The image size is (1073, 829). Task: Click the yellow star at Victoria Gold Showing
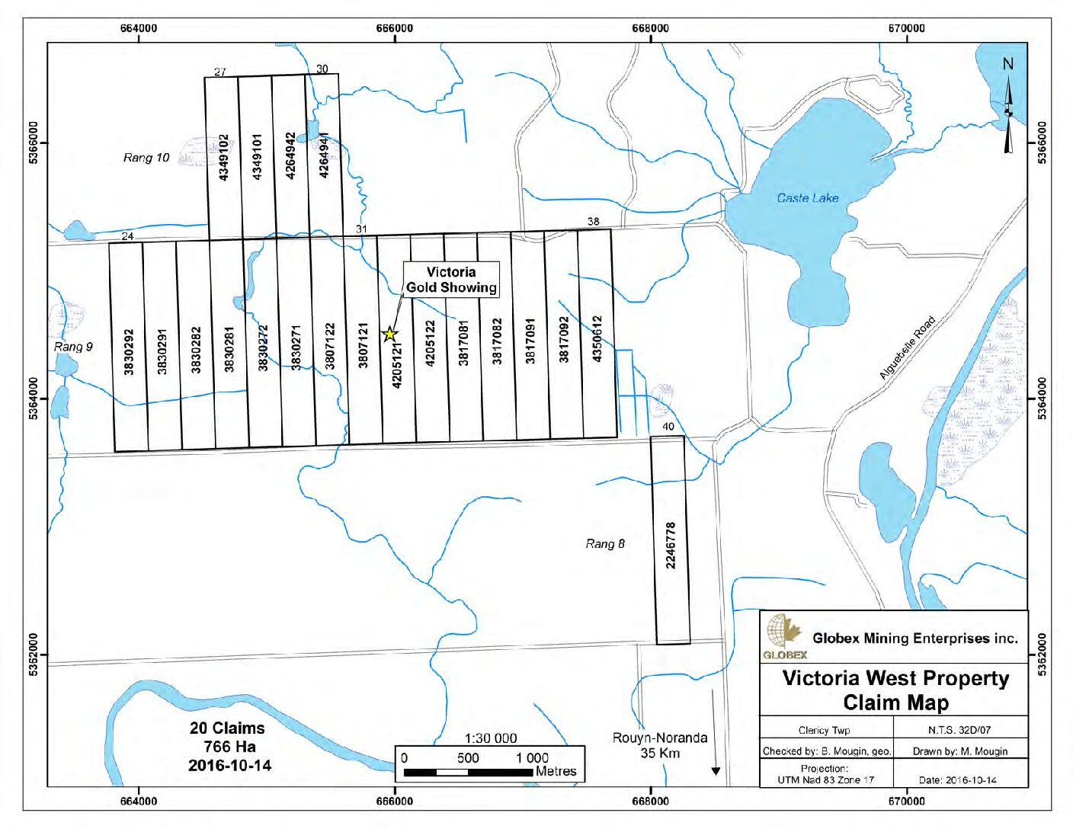coord(389,334)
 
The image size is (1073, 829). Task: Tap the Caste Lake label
coord(807,198)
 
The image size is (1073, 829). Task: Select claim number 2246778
coord(671,545)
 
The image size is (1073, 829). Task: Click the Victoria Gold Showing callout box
coord(451,280)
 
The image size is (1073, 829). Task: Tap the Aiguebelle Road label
coord(907,347)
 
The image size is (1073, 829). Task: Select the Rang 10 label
coord(146,158)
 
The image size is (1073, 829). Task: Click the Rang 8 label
coord(605,543)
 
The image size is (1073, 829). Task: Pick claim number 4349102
coord(223,157)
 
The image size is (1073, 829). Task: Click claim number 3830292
coord(129,351)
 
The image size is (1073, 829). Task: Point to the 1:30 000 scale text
coord(491,738)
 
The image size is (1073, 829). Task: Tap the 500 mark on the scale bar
coord(468,757)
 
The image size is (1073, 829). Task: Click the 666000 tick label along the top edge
coord(395,28)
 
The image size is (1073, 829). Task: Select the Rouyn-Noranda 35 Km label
coord(660,745)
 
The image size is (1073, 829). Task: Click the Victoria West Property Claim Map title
coord(895,690)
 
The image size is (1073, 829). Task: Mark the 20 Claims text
coord(227,728)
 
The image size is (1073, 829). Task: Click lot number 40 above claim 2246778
coord(668,427)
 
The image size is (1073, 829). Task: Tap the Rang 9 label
coord(73,347)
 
